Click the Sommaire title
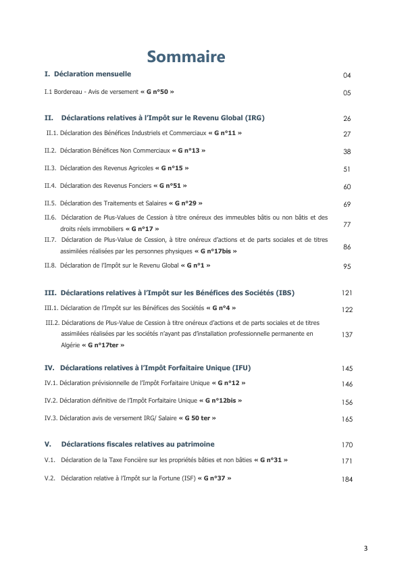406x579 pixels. [x=186, y=56]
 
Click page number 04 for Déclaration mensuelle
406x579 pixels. [x=347, y=76]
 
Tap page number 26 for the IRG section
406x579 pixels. [x=347, y=118]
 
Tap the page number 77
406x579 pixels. [x=347, y=224]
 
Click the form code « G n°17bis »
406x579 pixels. [x=215, y=251]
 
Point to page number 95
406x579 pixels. [x=347, y=267]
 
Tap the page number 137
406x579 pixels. [x=347, y=334]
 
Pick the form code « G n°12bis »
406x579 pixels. [x=220, y=401]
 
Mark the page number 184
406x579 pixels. [x=347, y=480]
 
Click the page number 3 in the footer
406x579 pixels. [x=365, y=548]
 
